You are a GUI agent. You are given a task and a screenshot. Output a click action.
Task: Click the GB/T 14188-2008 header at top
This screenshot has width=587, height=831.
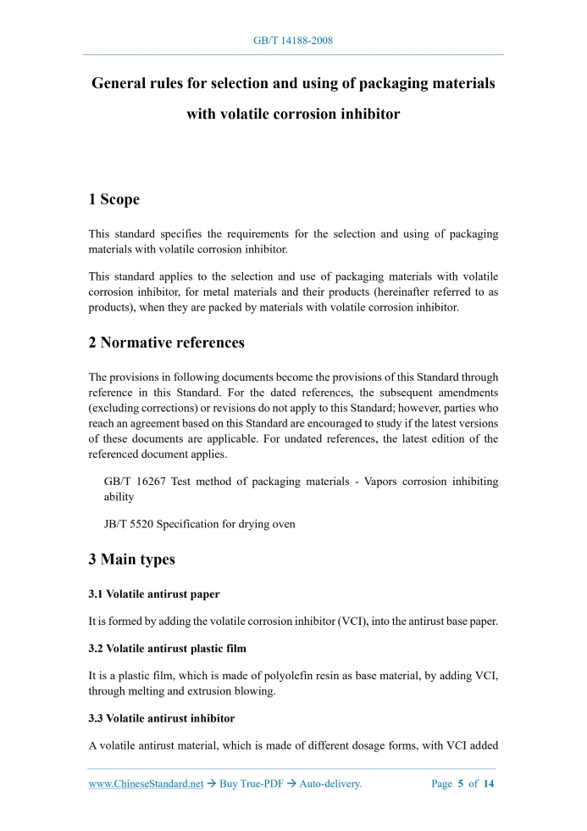pos(293,41)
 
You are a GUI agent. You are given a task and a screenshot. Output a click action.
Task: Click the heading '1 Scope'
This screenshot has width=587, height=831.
pos(114,200)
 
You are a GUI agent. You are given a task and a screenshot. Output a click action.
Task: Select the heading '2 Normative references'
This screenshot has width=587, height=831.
pos(167,343)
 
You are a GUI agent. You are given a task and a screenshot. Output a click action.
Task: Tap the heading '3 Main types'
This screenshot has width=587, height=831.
pos(131,560)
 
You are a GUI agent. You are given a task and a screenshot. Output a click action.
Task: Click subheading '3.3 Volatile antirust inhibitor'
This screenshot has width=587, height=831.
pos(162,719)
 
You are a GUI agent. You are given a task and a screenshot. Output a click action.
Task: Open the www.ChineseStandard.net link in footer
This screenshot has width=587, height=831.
pos(146,784)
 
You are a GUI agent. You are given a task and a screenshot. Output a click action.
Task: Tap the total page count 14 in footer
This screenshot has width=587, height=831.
pos(489,784)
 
